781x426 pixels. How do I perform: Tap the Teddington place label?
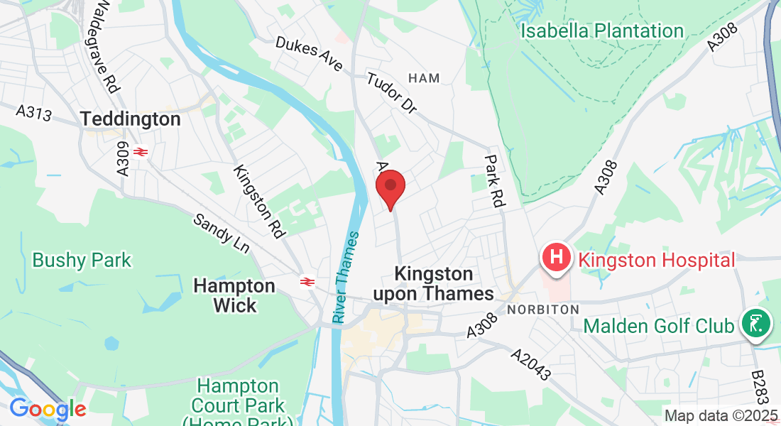pyautogui.click(x=131, y=119)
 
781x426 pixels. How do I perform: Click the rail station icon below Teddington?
pyautogui.click(x=139, y=151)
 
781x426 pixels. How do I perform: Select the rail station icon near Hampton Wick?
pyautogui.click(x=307, y=282)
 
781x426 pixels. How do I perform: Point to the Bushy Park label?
pyautogui.click(x=82, y=260)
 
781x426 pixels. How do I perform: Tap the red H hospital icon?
pyautogui.click(x=557, y=256)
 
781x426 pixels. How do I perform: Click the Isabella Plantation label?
pyautogui.click(x=601, y=31)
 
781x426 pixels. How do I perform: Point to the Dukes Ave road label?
pyautogui.click(x=310, y=54)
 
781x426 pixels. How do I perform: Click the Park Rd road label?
pyautogui.click(x=493, y=181)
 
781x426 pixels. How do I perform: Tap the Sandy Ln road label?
pyautogui.click(x=222, y=232)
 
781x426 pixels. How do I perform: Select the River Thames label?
pyautogui.click(x=346, y=277)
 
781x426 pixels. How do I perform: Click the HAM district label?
pyautogui.click(x=424, y=78)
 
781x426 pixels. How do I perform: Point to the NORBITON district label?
pyautogui.click(x=543, y=310)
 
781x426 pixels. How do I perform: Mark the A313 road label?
pyautogui.click(x=34, y=112)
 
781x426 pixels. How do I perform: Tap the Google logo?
pyautogui.click(x=48, y=410)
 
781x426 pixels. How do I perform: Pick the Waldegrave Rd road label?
pyautogui.click(x=102, y=46)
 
